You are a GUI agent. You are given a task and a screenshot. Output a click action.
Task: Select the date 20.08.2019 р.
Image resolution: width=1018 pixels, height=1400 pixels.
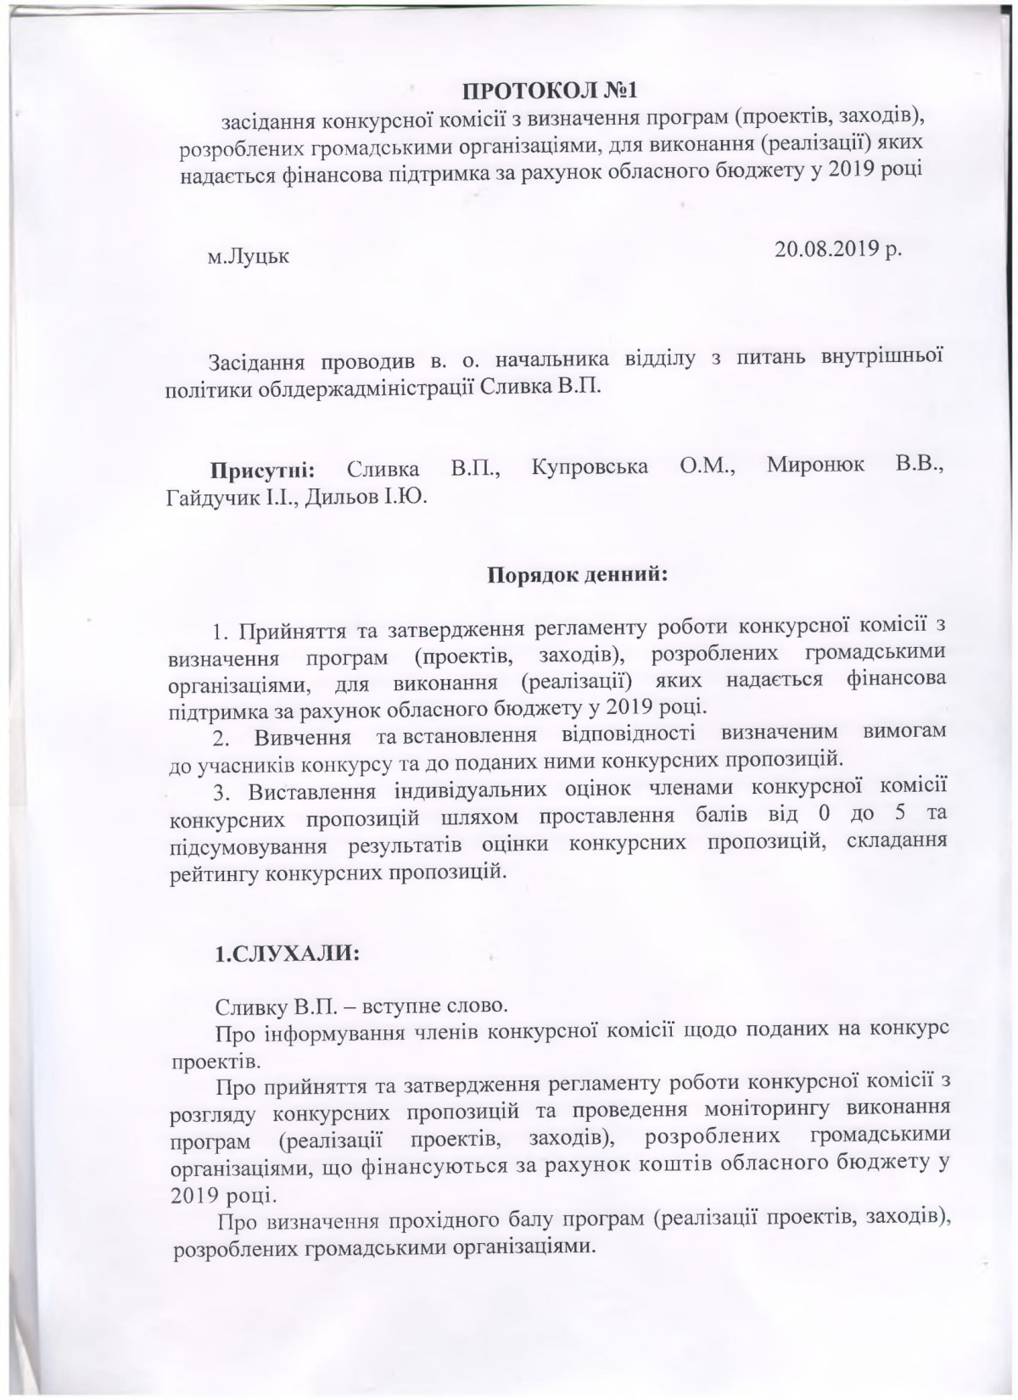click(839, 249)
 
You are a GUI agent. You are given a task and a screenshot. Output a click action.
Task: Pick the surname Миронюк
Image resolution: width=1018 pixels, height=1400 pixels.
click(815, 466)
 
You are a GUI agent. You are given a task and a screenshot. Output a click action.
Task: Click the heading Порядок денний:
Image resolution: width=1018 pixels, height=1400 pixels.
click(578, 576)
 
